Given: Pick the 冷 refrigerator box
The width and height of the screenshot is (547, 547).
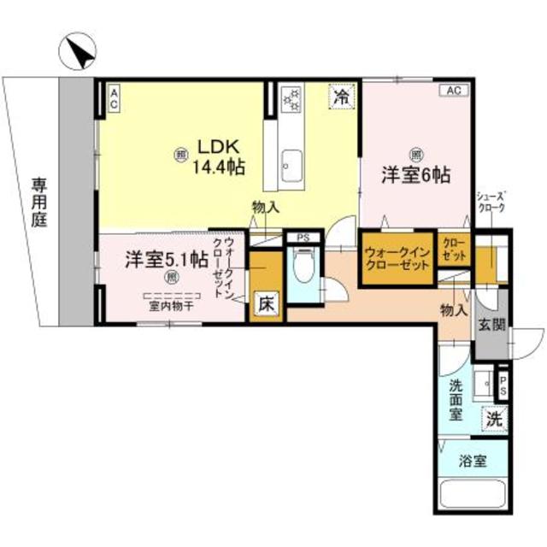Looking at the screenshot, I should (x=342, y=97).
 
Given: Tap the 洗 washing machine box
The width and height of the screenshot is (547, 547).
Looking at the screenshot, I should (x=493, y=419).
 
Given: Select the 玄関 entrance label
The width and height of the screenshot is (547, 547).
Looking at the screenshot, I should (x=491, y=325).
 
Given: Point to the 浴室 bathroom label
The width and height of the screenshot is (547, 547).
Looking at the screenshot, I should (x=473, y=461).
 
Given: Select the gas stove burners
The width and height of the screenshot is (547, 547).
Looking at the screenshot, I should (x=291, y=100).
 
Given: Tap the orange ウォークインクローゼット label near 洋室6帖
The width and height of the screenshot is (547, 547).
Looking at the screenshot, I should (x=396, y=259).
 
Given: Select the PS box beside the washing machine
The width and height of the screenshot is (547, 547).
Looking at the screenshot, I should (x=503, y=387).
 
